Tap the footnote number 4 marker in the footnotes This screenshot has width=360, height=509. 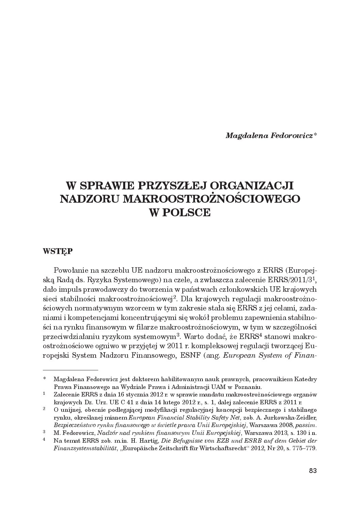44,440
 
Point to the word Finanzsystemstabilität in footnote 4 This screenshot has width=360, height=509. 85,448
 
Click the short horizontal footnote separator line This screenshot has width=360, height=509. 70,369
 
